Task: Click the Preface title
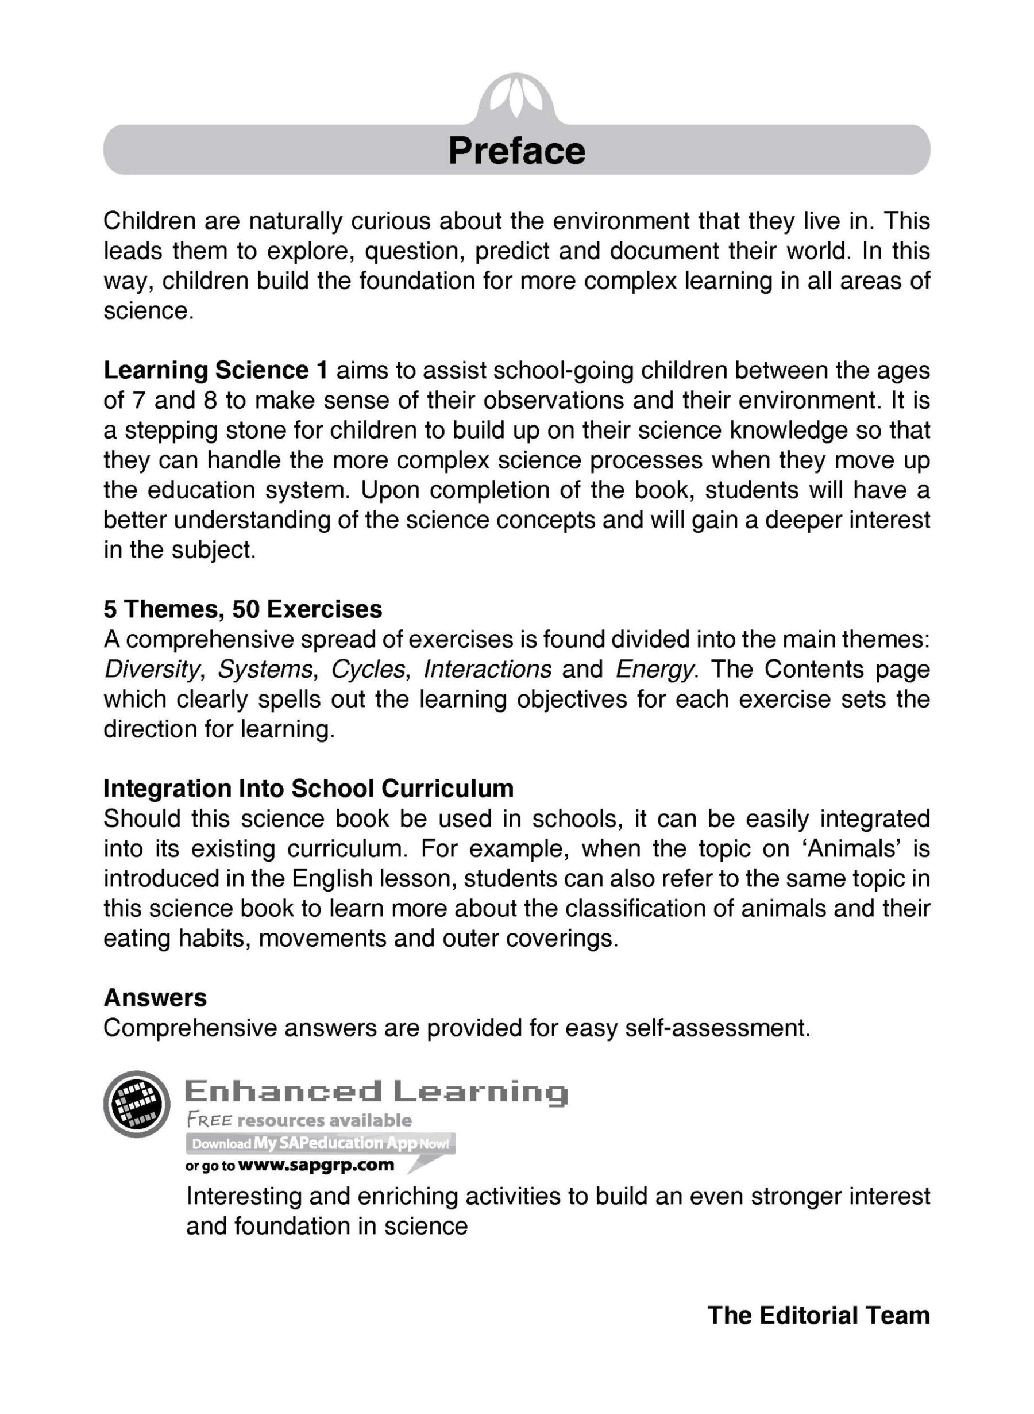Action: pos(516,151)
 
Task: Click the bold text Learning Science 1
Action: pos(215,371)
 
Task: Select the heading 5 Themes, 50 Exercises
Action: pos(243,609)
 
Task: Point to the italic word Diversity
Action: pos(152,670)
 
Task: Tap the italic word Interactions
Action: pos(488,670)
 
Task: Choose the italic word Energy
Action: pos(655,670)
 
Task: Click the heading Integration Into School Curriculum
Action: pos(308,789)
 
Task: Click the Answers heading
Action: pos(155,998)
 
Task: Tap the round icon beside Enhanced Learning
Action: pos(137,1105)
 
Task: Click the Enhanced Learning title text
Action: pos(376,1093)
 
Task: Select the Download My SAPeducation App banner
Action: pos(321,1143)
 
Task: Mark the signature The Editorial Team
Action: pos(818,1316)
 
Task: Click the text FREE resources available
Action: pos(299,1120)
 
